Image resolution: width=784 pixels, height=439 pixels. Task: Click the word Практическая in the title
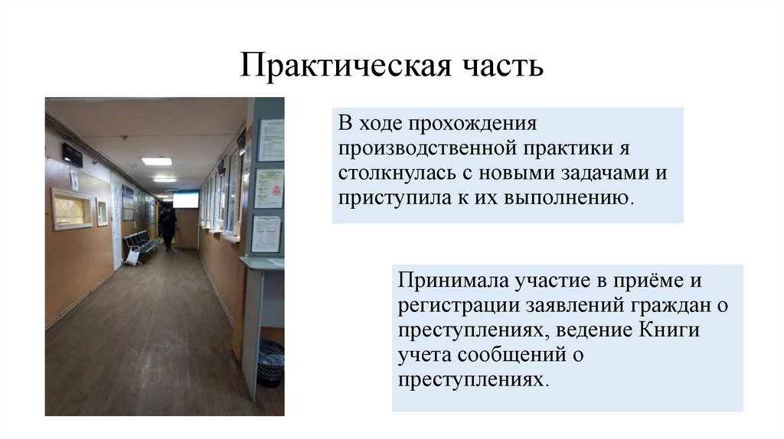(x=343, y=67)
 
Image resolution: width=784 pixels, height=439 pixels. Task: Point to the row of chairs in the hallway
(x=142, y=243)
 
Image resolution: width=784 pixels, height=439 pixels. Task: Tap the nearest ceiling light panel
(x=156, y=161)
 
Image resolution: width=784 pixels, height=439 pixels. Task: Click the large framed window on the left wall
(x=71, y=209)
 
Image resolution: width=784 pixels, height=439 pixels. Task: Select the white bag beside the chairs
(x=132, y=257)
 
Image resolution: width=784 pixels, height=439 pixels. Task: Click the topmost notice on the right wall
(x=270, y=140)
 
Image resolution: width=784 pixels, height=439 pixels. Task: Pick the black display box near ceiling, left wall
(x=73, y=154)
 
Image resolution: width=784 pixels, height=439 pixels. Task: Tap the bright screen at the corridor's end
(x=185, y=200)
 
